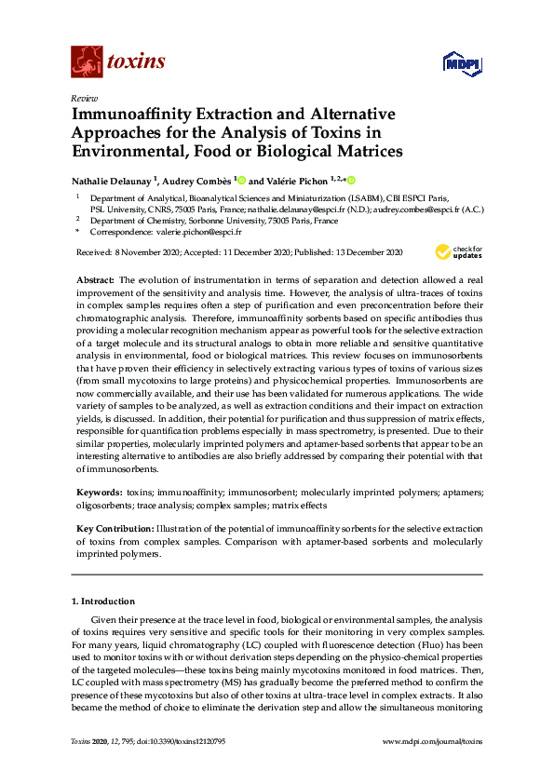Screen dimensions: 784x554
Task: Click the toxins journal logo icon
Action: (86, 61)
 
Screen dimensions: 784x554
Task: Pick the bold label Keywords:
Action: (98, 491)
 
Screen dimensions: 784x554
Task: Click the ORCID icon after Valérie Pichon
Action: (352, 180)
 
